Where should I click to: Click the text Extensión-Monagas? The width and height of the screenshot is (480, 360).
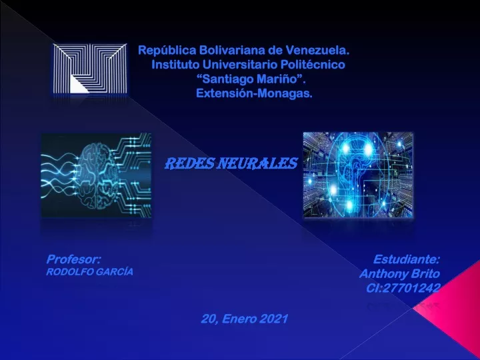pos(254,93)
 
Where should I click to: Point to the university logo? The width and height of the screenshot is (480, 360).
pos(90,68)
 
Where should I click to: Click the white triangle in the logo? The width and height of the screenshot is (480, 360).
pos(79,84)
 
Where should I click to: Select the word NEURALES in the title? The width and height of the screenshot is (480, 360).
pos(257,164)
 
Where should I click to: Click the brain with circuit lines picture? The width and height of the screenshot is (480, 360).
pos(96,175)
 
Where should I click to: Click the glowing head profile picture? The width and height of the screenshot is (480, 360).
pos(358,175)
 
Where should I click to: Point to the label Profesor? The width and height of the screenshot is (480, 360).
pos(73,259)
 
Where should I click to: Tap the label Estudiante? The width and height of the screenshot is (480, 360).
pos(407,259)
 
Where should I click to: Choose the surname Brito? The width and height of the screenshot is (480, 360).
pos(425,274)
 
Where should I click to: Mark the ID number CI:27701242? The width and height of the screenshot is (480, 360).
pos(403,288)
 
